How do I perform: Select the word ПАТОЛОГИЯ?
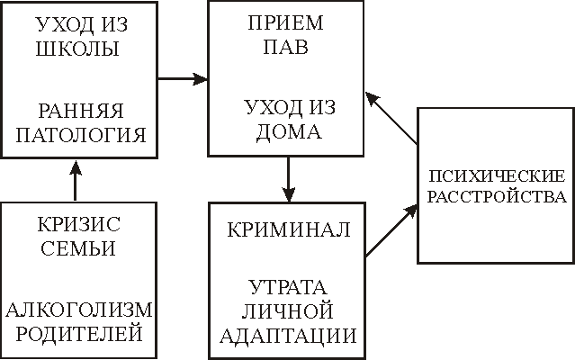pos(77,137)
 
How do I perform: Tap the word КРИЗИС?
pos(79,224)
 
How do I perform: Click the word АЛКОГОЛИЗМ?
pos(79,311)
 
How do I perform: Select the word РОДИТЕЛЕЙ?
pos(79,335)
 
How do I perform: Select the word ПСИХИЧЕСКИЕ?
pos(494,174)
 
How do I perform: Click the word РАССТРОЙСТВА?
pos(494,196)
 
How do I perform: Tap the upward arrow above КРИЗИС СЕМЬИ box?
pos(76,179)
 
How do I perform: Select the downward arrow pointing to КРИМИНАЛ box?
pos(287,179)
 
